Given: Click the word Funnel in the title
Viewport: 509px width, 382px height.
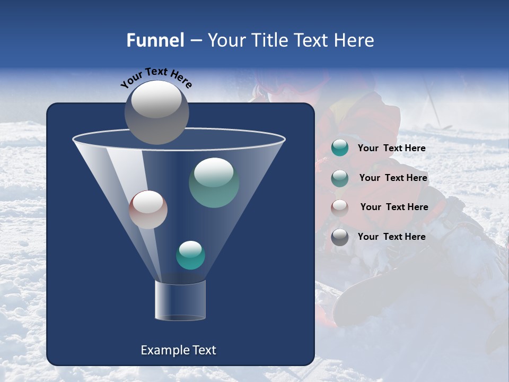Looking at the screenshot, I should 155,40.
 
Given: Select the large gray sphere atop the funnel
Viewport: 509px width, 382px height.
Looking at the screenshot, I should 157,112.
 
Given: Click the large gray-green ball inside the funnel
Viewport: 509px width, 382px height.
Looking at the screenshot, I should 214,183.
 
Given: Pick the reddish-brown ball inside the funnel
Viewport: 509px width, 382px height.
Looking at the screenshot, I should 148,210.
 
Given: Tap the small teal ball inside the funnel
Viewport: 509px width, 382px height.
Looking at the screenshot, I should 190,255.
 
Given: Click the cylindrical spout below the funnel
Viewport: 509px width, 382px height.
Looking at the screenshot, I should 180,301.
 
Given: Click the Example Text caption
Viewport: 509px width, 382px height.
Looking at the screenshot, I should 178,350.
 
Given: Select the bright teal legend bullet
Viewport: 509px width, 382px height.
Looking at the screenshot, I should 340,148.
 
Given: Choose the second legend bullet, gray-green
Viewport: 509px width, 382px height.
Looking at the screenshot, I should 340,178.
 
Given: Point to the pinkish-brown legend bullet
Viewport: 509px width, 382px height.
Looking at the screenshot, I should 340,207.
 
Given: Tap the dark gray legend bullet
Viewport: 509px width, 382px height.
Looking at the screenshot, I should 340,237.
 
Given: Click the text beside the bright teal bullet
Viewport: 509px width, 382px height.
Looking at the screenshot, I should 391,149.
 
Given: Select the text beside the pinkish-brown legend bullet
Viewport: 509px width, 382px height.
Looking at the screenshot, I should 394,207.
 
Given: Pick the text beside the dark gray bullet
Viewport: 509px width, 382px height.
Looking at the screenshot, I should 391,237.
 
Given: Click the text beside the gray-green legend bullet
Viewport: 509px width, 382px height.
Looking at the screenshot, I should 393,178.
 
